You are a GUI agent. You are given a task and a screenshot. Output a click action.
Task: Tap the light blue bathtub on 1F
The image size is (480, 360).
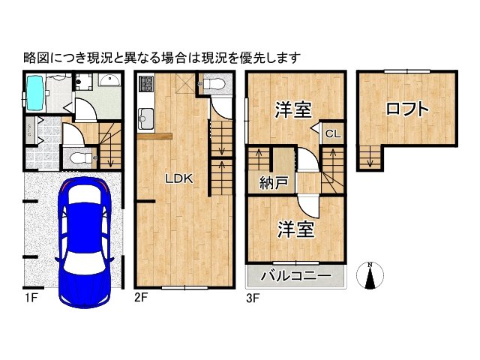coord(36,91)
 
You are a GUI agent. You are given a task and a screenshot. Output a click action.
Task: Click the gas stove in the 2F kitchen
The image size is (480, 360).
coord(145,83)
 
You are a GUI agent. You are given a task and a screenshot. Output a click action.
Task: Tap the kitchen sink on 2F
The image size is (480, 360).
coord(145,118)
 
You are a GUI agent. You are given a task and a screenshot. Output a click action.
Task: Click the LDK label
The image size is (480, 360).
coord(180,178)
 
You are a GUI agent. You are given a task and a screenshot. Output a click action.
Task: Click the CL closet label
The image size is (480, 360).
coord(333,134)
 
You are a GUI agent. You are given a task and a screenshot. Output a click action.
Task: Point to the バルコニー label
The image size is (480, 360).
coord(295,277)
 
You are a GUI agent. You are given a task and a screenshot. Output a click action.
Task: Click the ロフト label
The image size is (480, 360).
coord(408,109)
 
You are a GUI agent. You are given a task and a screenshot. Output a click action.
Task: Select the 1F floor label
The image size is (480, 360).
coord(29,297)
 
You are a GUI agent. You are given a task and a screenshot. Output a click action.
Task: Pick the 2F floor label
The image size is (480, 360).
coord(141,297)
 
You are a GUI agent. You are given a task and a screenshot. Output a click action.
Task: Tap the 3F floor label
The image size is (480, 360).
coord(253,297)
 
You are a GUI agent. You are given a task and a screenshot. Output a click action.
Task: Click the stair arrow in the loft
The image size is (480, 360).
coord(368,157)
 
